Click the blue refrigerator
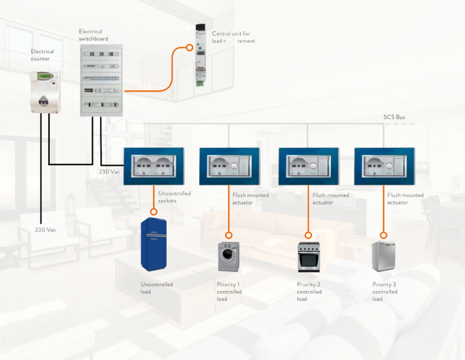click(153, 244)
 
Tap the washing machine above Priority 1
click(228, 257)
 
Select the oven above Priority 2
click(308, 257)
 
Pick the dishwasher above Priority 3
click(382, 257)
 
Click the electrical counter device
click(45, 91)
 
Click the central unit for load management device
click(200, 55)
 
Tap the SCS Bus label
click(394, 118)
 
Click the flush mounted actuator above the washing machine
click(228, 166)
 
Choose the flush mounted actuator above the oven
click(308, 166)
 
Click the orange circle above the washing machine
click(228, 235)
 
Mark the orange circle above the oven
click(308, 235)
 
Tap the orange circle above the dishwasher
click(383, 235)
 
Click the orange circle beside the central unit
click(190, 48)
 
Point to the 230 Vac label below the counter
click(45, 230)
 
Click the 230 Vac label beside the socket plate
click(109, 171)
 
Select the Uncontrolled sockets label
click(174, 197)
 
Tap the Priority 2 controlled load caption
click(309, 292)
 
